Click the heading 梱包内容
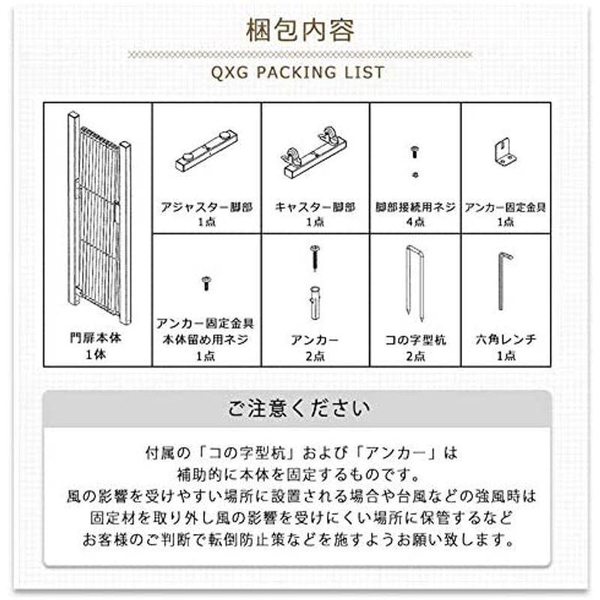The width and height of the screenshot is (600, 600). coord(300,31)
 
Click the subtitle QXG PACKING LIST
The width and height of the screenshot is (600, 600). coord(299,73)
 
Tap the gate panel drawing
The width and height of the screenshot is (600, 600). coord(99,217)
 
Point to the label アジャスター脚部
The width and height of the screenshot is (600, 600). coord(206,205)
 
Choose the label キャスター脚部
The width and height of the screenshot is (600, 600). coord(315,205)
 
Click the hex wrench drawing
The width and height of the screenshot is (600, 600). coord(504,281)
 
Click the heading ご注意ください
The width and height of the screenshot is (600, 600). coord(299,409)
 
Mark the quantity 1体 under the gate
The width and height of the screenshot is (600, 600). coord(99,355)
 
